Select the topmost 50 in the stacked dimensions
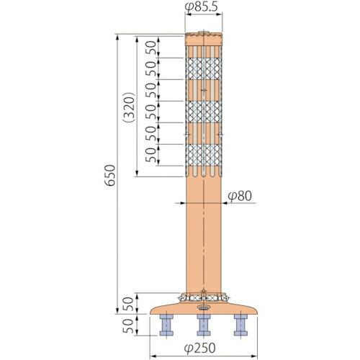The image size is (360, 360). point(150,48)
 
